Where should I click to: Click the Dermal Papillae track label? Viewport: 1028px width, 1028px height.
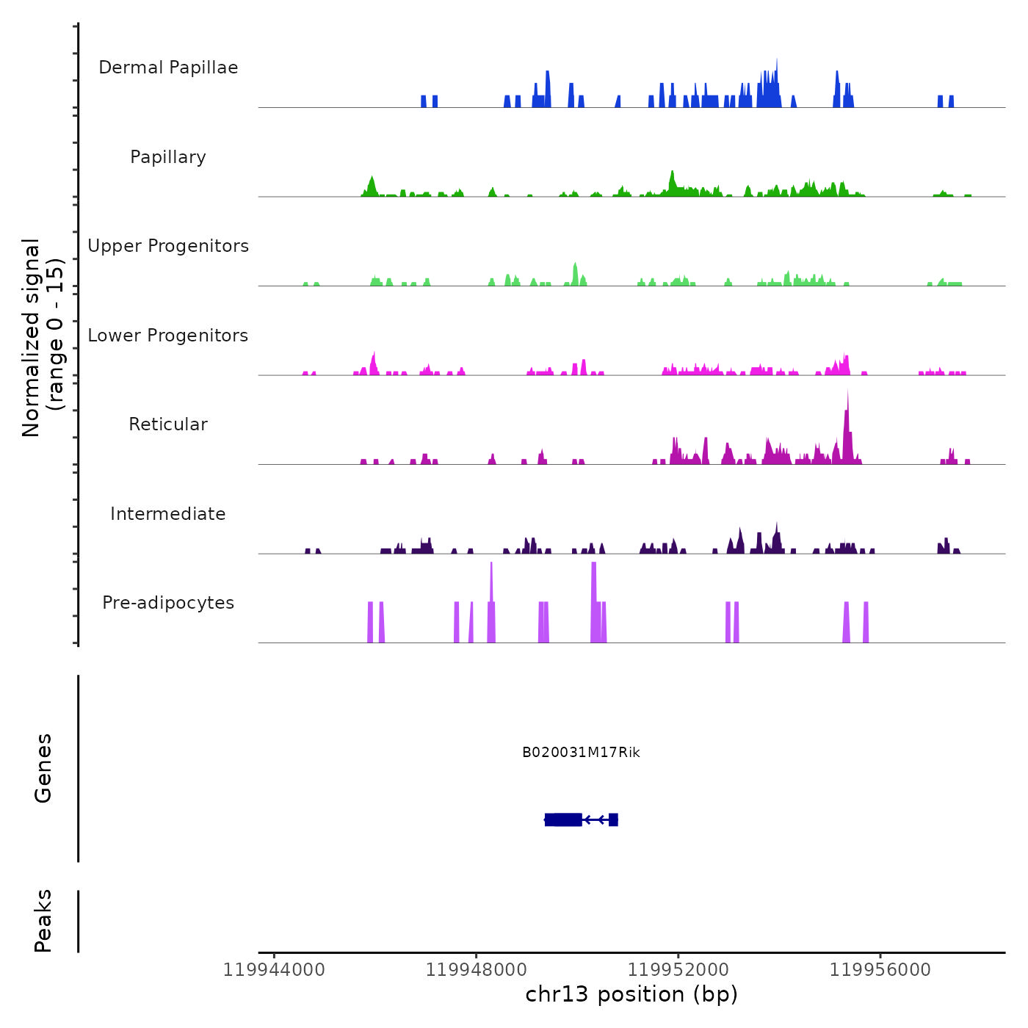(168, 68)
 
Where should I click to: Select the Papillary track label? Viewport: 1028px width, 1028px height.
(168, 157)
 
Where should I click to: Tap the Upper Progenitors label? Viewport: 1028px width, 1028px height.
(168, 246)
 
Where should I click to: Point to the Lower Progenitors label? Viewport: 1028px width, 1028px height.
(168, 336)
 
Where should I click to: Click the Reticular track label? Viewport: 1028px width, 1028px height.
(168, 424)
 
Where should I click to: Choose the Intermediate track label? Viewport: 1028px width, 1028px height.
(168, 514)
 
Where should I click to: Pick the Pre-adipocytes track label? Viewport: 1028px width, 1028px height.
(168, 603)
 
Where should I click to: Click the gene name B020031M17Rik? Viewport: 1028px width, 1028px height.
(581, 753)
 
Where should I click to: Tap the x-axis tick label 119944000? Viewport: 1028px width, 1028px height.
(274, 970)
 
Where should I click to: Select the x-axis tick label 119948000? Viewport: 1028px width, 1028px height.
(476, 970)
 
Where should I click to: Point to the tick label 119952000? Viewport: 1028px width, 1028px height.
(678, 970)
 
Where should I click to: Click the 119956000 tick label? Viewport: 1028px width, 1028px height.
(880, 970)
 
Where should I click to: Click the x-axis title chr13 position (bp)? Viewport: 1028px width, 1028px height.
(631, 994)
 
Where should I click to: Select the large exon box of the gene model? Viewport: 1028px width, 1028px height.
(563, 819)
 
